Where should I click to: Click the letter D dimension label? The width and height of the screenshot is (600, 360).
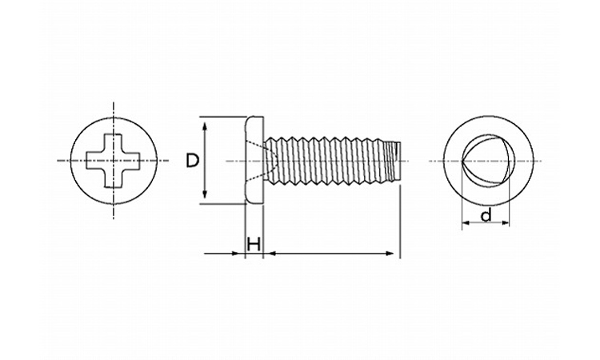point(193,160)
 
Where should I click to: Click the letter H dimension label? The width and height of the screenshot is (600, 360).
point(254,244)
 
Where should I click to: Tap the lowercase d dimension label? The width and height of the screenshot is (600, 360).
point(486,215)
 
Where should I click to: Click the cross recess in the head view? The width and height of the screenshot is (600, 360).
point(114,161)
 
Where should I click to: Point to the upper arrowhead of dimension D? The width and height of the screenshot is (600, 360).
point(205,126)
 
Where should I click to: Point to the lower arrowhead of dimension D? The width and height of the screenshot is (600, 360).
point(205,194)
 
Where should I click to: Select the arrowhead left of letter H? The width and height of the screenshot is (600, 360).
point(238,254)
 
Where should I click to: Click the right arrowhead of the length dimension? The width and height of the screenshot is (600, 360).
point(389,254)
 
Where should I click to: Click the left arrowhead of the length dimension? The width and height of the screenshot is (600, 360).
point(270,254)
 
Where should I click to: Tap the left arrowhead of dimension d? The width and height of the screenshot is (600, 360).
point(466,222)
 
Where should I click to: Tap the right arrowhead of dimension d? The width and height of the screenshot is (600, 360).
point(505,222)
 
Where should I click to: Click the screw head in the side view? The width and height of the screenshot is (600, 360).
point(254,161)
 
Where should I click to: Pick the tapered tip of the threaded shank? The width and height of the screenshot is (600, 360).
point(394,161)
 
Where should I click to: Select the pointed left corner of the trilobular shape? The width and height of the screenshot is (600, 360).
point(462,161)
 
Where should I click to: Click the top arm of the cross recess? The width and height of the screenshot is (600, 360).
point(114,142)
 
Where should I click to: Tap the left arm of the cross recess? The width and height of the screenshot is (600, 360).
point(95,161)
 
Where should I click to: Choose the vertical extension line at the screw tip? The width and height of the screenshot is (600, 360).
point(400,222)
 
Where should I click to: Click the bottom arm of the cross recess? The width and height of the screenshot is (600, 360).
point(114,178)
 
